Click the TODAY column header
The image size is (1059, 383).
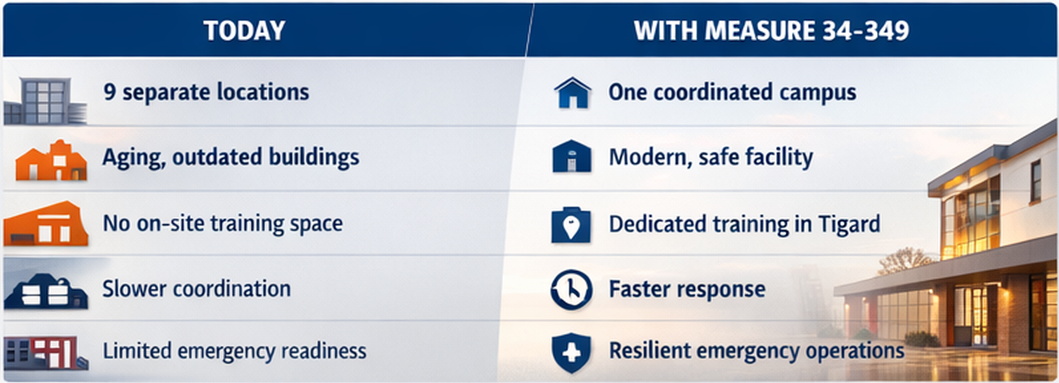click(x=245, y=31)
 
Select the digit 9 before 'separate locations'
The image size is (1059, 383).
click(x=109, y=91)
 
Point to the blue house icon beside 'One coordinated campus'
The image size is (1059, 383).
click(x=572, y=92)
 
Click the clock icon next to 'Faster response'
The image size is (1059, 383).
click(x=571, y=289)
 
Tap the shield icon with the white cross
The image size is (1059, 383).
click(x=571, y=352)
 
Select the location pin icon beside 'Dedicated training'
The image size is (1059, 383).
click(x=570, y=225)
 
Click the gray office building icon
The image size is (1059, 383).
click(x=45, y=100)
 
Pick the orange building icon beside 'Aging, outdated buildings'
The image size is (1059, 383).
click(x=51, y=160)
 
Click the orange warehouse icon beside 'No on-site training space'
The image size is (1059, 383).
click(x=46, y=223)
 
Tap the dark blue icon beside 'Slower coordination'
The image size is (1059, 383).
click(x=46, y=291)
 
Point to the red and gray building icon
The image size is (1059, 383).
click(x=46, y=352)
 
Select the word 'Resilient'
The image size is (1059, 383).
click(x=649, y=351)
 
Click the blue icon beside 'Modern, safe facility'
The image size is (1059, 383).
click(x=572, y=156)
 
